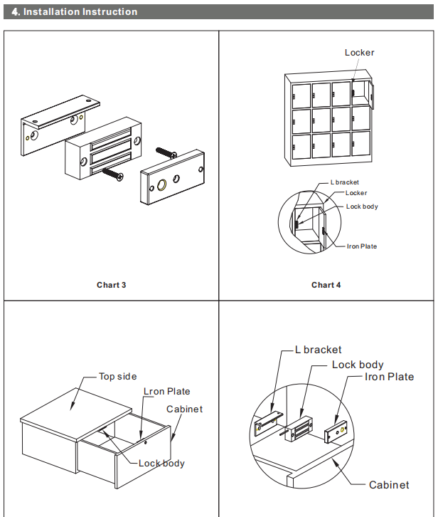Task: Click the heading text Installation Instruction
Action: pyautogui.click(x=80, y=12)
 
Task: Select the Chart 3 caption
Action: pyautogui.click(x=112, y=285)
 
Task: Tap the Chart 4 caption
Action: pyautogui.click(x=326, y=285)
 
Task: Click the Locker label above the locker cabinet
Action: pyautogui.click(x=359, y=53)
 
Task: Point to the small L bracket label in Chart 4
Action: pyautogui.click(x=345, y=182)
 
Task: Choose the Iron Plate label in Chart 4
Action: pyautogui.click(x=361, y=246)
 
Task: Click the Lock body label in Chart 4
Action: pyautogui.click(x=362, y=207)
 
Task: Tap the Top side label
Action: pyautogui.click(x=117, y=377)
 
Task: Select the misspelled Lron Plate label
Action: pyautogui.click(x=167, y=392)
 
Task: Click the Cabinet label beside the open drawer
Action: pyautogui.click(x=184, y=409)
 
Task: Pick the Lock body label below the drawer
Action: pyautogui.click(x=161, y=464)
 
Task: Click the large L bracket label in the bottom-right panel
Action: pyautogui.click(x=318, y=350)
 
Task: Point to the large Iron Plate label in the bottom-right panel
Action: pyautogui.click(x=389, y=377)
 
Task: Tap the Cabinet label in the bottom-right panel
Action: pyautogui.click(x=389, y=485)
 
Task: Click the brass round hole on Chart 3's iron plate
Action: pyautogui.click(x=163, y=186)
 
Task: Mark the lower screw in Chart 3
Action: pyautogui.click(x=113, y=173)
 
